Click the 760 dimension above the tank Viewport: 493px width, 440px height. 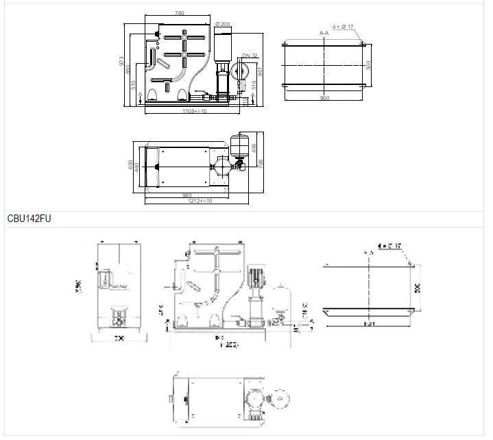[x=179, y=13]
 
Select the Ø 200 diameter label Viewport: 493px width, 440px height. [x=222, y=24]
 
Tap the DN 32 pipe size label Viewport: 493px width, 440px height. [x=249, y=56]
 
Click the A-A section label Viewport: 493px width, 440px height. [x=324, y=32]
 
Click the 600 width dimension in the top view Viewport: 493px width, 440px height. [x=130, y=165]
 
